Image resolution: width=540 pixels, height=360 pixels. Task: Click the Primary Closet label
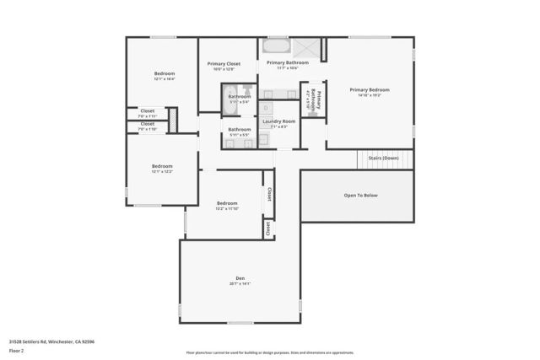224,63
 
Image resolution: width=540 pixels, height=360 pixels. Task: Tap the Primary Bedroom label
370,89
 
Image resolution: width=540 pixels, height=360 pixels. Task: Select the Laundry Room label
278,121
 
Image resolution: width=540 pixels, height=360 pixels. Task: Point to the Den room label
240,278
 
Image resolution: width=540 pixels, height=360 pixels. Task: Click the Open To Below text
360,195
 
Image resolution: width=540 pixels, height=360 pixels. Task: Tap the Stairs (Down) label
384,158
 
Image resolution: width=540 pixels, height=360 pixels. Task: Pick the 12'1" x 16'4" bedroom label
165,74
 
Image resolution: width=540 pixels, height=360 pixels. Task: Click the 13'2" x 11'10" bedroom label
227,203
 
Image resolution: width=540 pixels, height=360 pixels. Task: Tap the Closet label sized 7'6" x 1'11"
147,110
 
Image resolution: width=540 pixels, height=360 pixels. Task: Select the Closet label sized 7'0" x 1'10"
147,125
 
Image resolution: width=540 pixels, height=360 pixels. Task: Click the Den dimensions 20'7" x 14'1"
240,284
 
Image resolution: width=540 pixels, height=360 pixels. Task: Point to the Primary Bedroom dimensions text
370,95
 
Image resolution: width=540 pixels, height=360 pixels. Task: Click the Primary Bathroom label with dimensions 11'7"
287,62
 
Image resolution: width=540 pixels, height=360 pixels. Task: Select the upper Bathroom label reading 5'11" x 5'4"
240,97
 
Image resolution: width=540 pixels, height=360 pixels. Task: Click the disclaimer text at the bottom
270,353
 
